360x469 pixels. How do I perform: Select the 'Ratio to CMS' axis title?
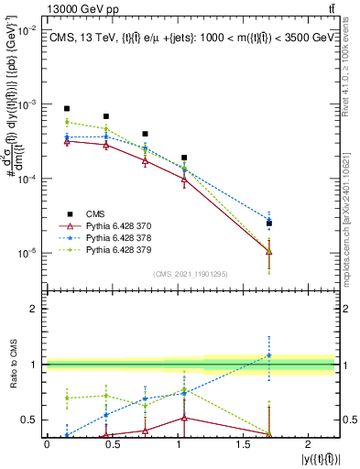pyautogui.click(x=12, y=365)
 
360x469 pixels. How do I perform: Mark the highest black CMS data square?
pyautogui.click(x=67, y=108)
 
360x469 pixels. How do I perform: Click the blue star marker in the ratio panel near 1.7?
pyautogui.click(x=269, y=354)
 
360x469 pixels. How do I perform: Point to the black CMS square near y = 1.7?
pyautogui.click(x=269, y=223)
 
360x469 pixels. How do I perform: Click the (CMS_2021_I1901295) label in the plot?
pyautogui.click(x=191, y=274)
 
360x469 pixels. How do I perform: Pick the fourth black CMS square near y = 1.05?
pyautogui.click(x=184, y=158)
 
